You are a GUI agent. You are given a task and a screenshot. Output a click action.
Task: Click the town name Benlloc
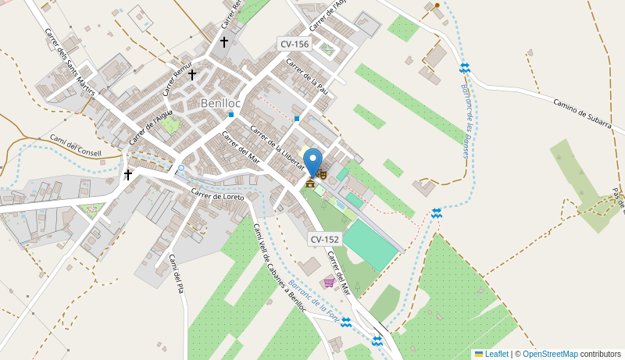point(220,103)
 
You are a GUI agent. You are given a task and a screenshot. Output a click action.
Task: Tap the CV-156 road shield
point(295,45)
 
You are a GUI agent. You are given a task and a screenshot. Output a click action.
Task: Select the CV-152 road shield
point(325,239)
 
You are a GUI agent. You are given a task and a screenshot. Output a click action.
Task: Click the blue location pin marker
point(312,162)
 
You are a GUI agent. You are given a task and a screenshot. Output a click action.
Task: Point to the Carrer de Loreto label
point(218,195)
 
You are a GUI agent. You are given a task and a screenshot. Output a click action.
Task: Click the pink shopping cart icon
point(329,282)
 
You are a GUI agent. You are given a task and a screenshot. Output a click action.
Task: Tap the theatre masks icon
point(321,173)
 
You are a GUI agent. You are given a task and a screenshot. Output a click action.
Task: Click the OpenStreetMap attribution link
point(550,354)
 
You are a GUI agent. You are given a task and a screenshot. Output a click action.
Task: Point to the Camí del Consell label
point(76,146)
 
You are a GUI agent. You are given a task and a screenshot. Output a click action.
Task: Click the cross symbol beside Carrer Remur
point(192,75)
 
